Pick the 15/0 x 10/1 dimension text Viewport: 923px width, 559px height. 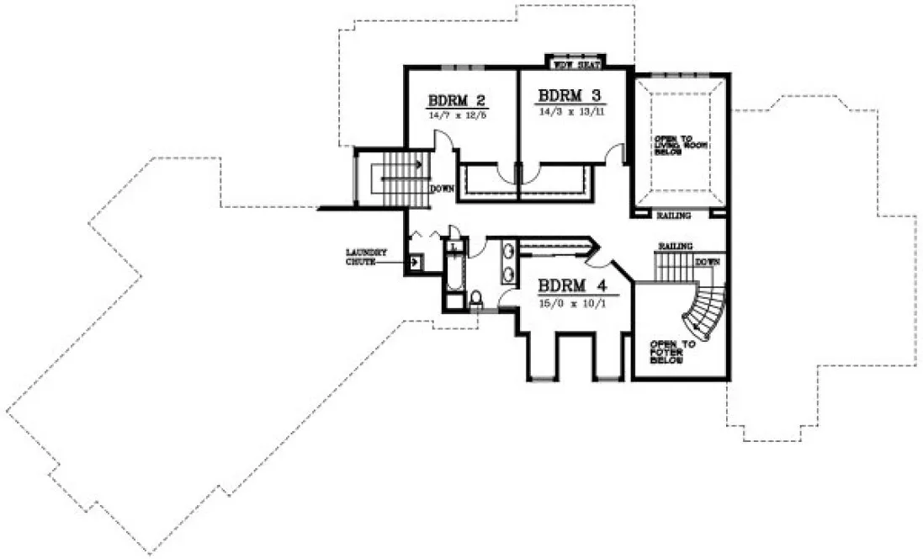(570, 301)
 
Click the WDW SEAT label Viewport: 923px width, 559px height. (576, 64)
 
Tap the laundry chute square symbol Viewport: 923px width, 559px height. (414, 263)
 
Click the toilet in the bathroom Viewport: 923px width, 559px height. (477, 298)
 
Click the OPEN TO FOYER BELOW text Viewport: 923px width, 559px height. (669, 352)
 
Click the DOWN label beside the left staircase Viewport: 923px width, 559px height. (442, 189)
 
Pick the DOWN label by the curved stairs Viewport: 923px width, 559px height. (708, 262)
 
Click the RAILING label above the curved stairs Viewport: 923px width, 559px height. (675, 245)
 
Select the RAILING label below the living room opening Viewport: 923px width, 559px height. (675, 216)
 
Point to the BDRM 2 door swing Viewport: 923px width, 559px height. (450, 160)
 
